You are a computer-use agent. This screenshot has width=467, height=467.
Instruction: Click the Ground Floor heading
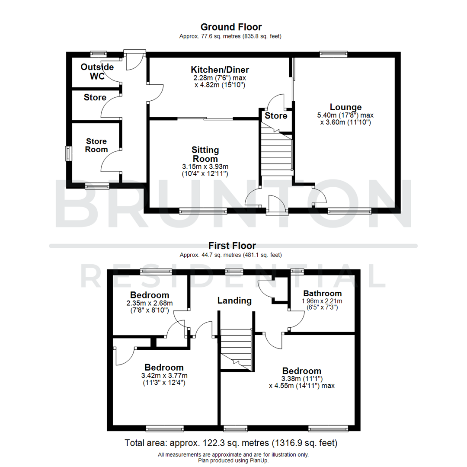(x=230, y=27)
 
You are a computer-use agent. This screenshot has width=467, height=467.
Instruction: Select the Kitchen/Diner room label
(x=220, y=70)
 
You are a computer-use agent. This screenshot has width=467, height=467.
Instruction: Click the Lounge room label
(x=345, y=107)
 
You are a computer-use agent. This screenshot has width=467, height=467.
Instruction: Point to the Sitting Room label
(x=205, y=154)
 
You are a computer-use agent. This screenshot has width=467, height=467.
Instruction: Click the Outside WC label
(x=97, y=72)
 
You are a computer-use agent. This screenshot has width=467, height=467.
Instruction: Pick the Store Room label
(x=96, y=145)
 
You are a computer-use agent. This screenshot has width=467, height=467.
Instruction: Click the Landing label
(x=234, y=300)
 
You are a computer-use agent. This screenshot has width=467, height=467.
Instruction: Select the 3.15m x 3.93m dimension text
(x=205, y=166)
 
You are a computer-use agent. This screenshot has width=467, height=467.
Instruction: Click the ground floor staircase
(x=276, y=154)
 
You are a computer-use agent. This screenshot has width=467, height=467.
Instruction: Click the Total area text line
(x=231, y=443)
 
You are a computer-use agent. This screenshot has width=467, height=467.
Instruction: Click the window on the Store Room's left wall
(x=68, y=154)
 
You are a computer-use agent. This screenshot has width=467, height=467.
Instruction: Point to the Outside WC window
(x=99, y=54)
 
